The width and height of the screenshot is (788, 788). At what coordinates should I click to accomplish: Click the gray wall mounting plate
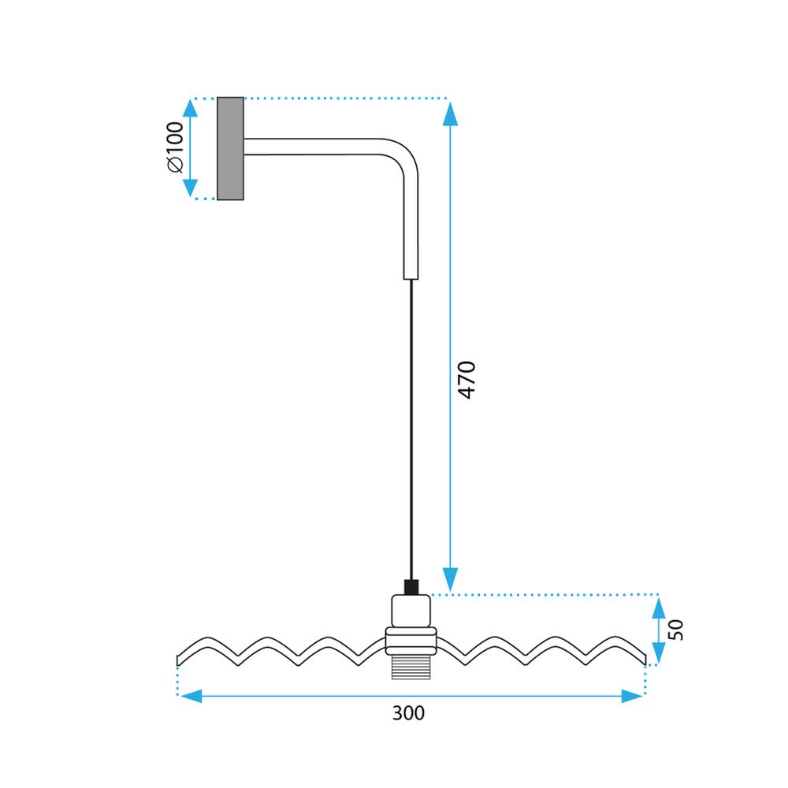coord(230,148)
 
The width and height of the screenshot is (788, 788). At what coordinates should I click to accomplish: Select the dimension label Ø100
coord(175,147)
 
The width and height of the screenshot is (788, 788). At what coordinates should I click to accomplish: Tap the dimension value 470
coord(466,379)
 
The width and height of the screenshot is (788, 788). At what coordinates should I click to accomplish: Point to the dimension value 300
coord(408,714)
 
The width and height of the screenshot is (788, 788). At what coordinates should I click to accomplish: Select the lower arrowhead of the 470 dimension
coord(450,578)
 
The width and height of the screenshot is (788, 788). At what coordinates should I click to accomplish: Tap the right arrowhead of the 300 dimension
coord(632,696)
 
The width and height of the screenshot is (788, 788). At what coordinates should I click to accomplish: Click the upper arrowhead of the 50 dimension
coord(658,608)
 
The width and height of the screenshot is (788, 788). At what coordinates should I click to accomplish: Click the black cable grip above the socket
coord(410,587)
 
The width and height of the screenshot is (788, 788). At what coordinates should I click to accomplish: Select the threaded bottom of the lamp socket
coord(410,667)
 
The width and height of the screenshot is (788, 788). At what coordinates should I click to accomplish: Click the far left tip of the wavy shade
coord(179,658)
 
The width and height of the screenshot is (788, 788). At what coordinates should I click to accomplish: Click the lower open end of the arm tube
coord(411,276)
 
